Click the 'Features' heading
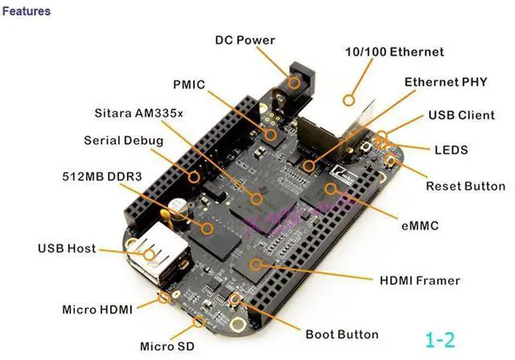[27, 11]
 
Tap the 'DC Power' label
[245, 40]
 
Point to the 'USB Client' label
[461, 115]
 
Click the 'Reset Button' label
[465, 186]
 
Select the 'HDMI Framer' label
[419, 280]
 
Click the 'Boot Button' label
[341, 333]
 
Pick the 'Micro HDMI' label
[97, 308]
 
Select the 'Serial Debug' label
[123, 140]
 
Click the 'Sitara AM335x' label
[138, 113]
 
